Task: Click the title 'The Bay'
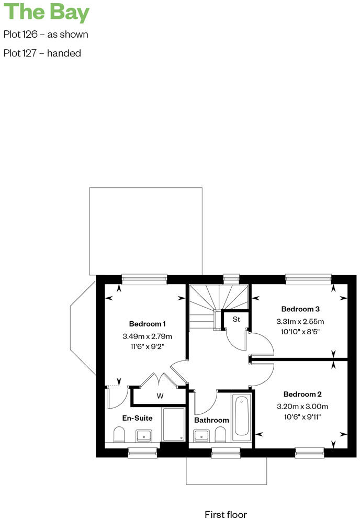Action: coord(47,13)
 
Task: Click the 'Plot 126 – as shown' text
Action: coord(46,35)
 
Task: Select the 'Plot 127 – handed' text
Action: coord(42,53)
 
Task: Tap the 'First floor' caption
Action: coord(226,515)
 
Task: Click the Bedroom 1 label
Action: coord(148,323)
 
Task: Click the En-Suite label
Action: coord(137,418)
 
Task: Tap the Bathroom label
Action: coord(211,420)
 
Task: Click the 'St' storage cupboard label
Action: coord(236,319)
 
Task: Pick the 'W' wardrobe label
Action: coord(160,396)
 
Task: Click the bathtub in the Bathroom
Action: coord(242,416)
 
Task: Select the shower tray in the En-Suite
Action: coord(173,424)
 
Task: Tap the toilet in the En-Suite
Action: coord(119,434)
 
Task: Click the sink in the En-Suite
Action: coord(144,435)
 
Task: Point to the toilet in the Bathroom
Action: coord(220,434)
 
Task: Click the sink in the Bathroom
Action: coord(201,435)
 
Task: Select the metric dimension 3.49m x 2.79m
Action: coord(148,336)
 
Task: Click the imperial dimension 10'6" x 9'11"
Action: coord(302,417)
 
